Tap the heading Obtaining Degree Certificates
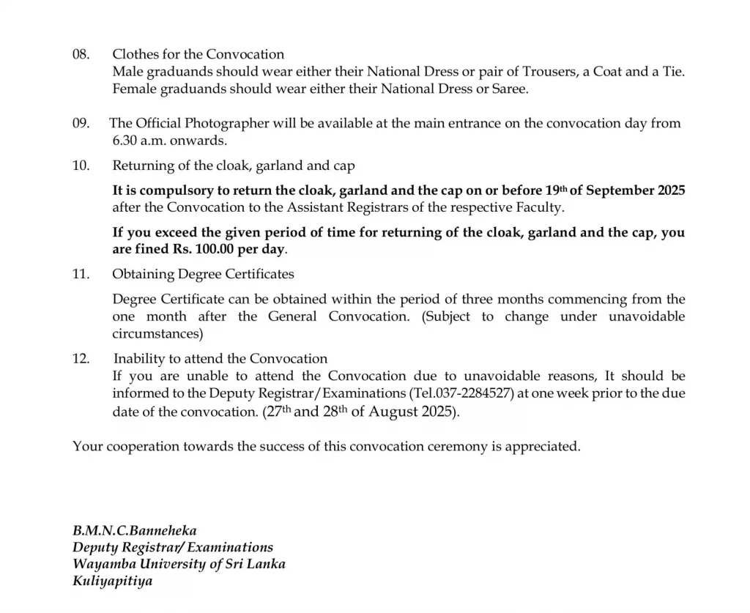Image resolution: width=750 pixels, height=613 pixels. pyautogui.click(x=203, y=274)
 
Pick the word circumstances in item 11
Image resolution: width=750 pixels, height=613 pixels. pyautogui.click(x=157, y=334)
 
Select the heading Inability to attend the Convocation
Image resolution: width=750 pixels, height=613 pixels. pyautogui.click(x=220, y=359)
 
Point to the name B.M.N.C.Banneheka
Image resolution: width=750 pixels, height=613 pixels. pyautogui.click(x=134, y=530)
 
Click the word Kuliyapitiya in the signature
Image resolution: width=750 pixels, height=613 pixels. pyautogui.click(x=113, y=582)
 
